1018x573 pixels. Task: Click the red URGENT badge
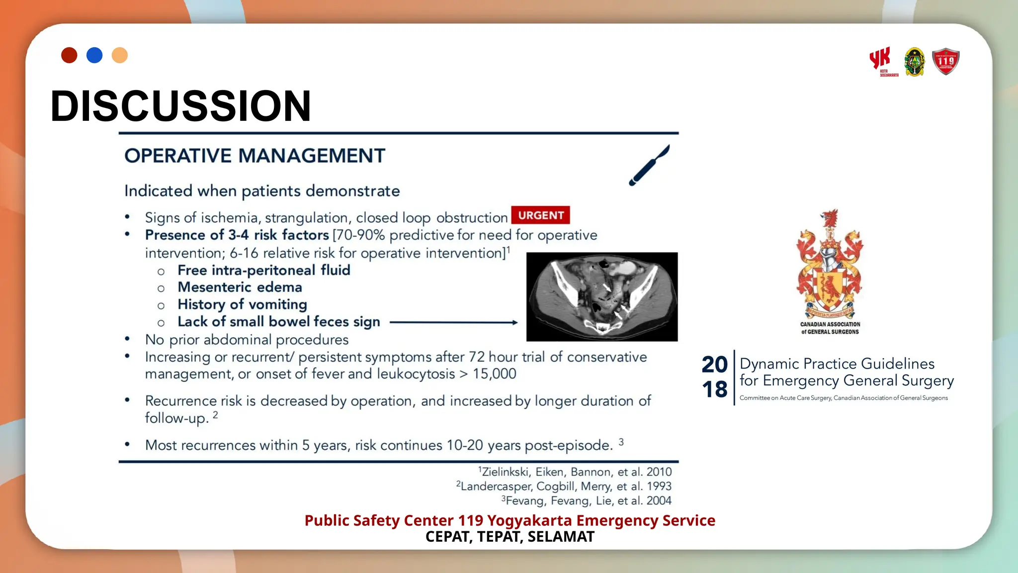[x=540, y=215]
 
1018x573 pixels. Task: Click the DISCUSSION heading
[x=181, y=106]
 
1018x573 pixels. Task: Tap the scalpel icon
[x=649, y=165]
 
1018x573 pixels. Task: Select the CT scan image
[x=602, y=296]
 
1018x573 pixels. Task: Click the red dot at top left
[x=69, y=55]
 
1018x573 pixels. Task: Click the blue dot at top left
[x=94, y=55]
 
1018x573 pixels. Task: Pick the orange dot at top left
[x=120, y=55]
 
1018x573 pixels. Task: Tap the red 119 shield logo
[x=945, y=62]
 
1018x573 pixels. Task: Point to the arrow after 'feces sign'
[x=453, y=322]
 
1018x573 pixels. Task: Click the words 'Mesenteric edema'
[x=240, y=287]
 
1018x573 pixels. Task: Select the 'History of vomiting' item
[x=242, y=304]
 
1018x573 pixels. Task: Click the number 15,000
[x=494, y=374]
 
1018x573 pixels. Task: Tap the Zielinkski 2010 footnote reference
[x=575, y=472]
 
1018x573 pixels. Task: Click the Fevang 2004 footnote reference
[x=586, y=500]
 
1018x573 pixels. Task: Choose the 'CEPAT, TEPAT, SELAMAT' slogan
[x=509, y=537]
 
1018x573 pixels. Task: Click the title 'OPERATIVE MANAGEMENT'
[x=254, y=156]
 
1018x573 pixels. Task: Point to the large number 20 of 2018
[x=714, y=365]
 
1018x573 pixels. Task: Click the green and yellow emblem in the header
[x=914, y=62]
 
